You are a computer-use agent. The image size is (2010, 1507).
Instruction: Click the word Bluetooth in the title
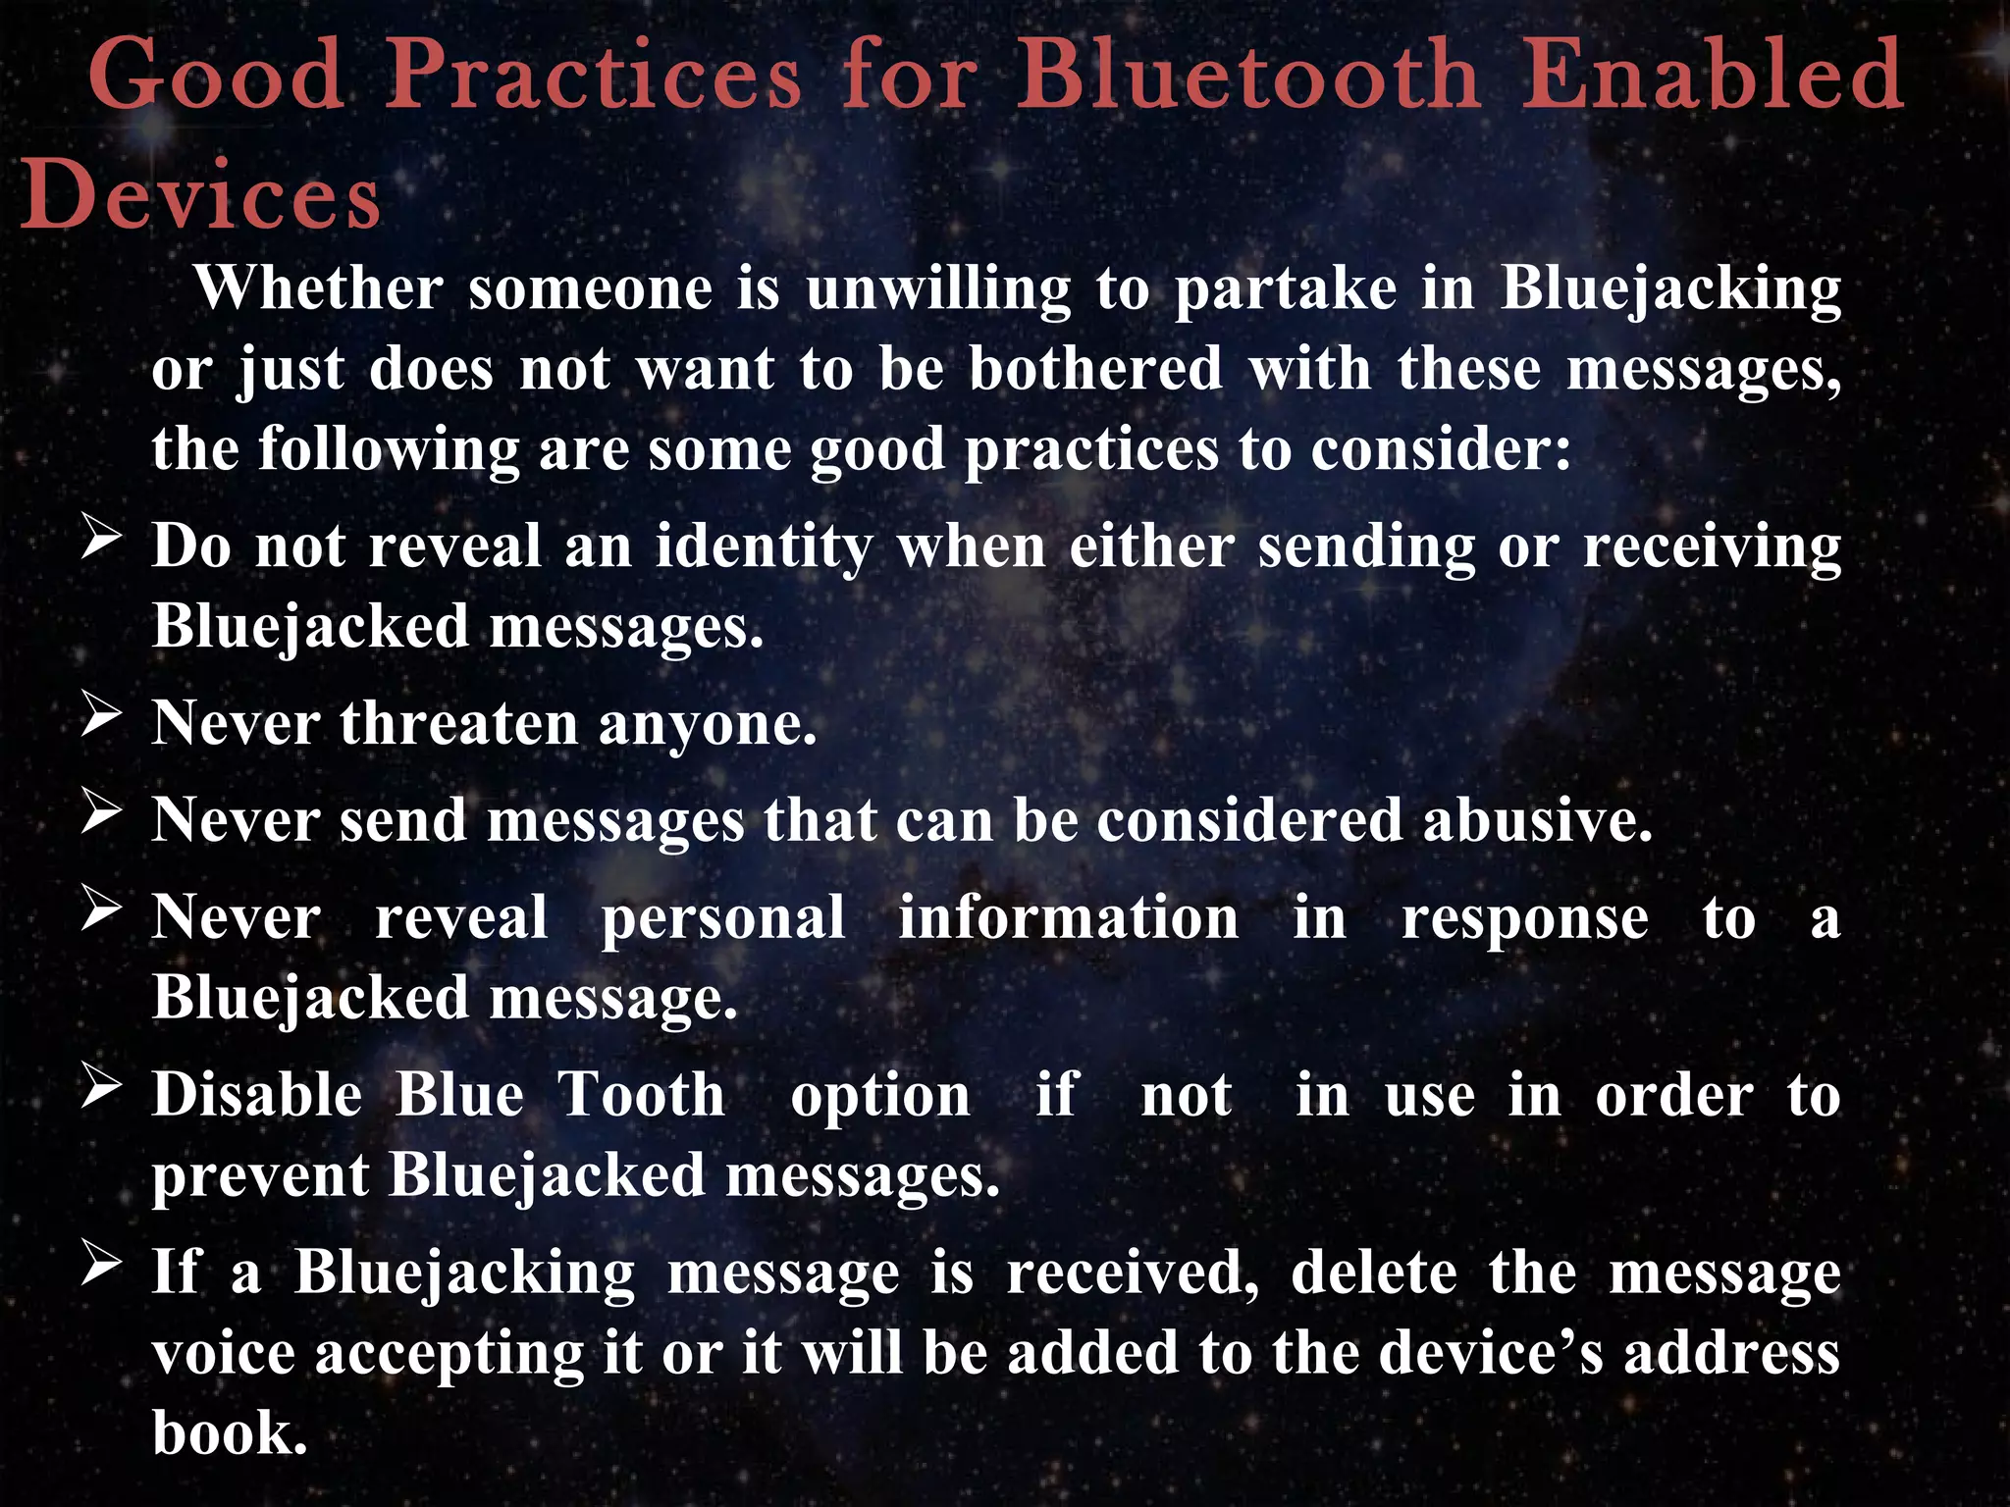(x=1248, y=75)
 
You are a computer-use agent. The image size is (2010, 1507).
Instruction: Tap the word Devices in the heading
(x=201, y=196)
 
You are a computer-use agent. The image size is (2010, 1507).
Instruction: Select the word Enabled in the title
(x=1713, y=75)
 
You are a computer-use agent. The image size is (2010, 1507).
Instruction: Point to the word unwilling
(x=938, y=290)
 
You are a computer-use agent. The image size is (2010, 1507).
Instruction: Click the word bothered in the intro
(x=1095, y=369)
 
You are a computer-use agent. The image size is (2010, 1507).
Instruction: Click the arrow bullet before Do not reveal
(x=102, y=539)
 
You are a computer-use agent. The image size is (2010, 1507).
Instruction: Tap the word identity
(x=764, y=547)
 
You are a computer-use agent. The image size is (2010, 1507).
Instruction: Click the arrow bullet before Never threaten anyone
(x=102, y=715)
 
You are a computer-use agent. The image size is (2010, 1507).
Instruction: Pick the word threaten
(x=458, y=724)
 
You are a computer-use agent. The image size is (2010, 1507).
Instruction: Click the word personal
(x=722, y=920)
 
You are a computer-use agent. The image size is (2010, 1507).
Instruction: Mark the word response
(x=1524, y=920)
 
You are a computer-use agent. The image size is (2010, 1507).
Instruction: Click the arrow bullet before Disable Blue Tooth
(x=102, y=1087)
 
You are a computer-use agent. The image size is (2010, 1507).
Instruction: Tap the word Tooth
(x=642, y=1095)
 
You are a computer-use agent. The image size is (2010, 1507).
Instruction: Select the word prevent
(x=260, y=1176)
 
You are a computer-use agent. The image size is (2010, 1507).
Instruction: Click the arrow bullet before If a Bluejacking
(x=102, y=1264)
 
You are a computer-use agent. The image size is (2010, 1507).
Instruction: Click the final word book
(x=230, y=1433)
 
